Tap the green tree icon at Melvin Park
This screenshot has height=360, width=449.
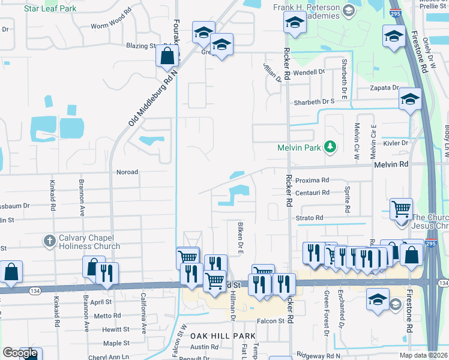tap(329, 146)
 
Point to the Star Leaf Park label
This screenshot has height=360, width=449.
tap(50, 9)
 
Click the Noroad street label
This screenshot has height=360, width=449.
tap(127, 172)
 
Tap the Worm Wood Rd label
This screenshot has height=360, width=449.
tap(111, 26)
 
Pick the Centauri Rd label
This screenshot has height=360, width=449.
tap(313, 193)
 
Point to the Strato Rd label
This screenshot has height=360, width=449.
tap(310, 218)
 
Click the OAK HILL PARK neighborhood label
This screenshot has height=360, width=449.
tap(215, 336)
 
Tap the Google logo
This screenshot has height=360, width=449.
tap(20, 353)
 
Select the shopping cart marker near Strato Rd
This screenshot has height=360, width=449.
tap(401, 209)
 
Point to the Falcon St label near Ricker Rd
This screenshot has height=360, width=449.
tap(272, 322)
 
